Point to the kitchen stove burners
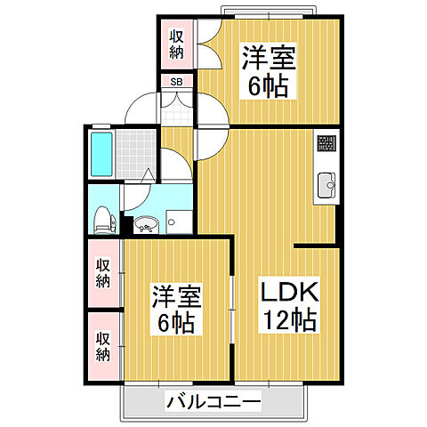pos(326,142)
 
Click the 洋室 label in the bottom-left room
pos(176,294)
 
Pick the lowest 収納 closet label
pos(104,346)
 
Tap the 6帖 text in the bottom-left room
pos(176,322)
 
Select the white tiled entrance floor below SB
pos(177,111)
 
